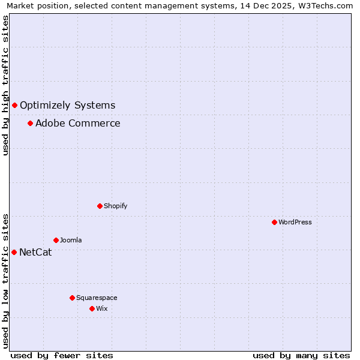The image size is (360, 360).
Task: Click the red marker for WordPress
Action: click(x=274, y=222)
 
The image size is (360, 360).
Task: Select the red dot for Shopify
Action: click(x=100, y=206)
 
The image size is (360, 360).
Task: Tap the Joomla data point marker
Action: click(x=56, y=240)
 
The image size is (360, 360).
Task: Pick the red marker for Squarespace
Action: click(x=72, y=298)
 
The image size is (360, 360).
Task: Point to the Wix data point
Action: click(x=92, y=308)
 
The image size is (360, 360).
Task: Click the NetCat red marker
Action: click(x=14, y=252)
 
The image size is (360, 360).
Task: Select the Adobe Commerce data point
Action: click(x=30, y=124)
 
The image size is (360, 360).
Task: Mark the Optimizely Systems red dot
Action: click(x=14, y=106)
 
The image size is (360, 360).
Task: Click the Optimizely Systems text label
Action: click(x=67, y=106)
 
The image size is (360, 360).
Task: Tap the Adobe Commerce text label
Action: click(x=77, y=124)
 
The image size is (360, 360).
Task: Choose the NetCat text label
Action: click(x=35, y=252)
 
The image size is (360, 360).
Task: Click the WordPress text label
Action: click(x=295, y=222)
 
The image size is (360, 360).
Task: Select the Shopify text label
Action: click(x=116, y=206)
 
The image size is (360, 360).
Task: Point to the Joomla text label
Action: click(x=71, y=240)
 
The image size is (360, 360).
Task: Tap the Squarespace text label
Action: click(x=97, y=298)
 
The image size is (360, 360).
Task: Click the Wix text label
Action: click(x=101, y=308)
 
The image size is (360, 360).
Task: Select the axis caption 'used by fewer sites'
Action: click(x=62, y=356)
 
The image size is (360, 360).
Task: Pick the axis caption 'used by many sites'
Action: click(x=301, y=356)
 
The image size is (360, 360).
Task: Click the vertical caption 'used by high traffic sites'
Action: click(x=5, y=85)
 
